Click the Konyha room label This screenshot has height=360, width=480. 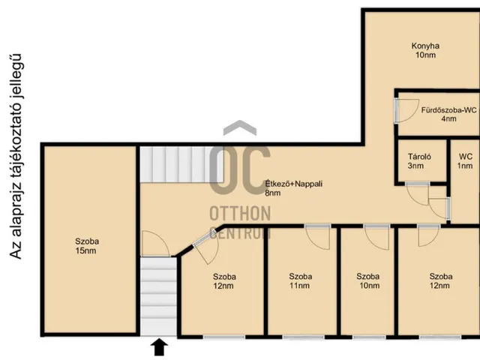click(x=425, y=46)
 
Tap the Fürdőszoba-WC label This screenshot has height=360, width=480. click(x=448, y=110)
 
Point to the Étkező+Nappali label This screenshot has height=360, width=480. click(x=293, y=184)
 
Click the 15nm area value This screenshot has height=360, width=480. click(x=85, y=250)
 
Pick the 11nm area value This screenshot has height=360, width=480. click(x=299, y=286)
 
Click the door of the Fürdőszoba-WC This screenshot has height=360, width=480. click(x=406, y=111)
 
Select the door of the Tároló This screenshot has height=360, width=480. click(x=418, y=193)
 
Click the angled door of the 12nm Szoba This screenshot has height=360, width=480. click(x=205, y=249)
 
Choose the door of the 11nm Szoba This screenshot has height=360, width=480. click(x=318, y=237)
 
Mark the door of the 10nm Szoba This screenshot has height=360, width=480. click(x=376, y=237)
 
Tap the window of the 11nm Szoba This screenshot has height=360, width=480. click(x=303, y=337)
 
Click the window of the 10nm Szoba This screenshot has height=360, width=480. click(x=369, y=337)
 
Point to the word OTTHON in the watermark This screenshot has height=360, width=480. click(x=240, y=213)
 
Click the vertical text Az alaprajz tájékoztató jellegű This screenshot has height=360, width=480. click(x=15, y=157)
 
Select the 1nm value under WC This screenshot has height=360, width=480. click(x=465, y=166)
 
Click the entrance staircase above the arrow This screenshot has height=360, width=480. click(x=158, y=296)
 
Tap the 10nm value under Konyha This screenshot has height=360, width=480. click(x=425, y=55)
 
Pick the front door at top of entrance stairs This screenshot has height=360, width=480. click(x=155, y=244)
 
